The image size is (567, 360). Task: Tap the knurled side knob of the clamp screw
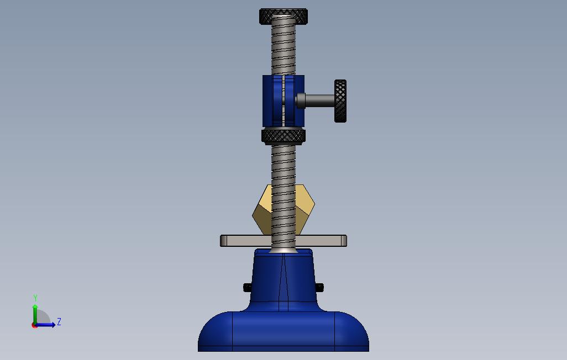340,101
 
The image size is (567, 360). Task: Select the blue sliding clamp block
283,101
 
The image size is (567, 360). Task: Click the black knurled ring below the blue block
283,136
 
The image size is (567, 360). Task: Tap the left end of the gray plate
221,241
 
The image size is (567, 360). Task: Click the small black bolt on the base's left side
248,288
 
